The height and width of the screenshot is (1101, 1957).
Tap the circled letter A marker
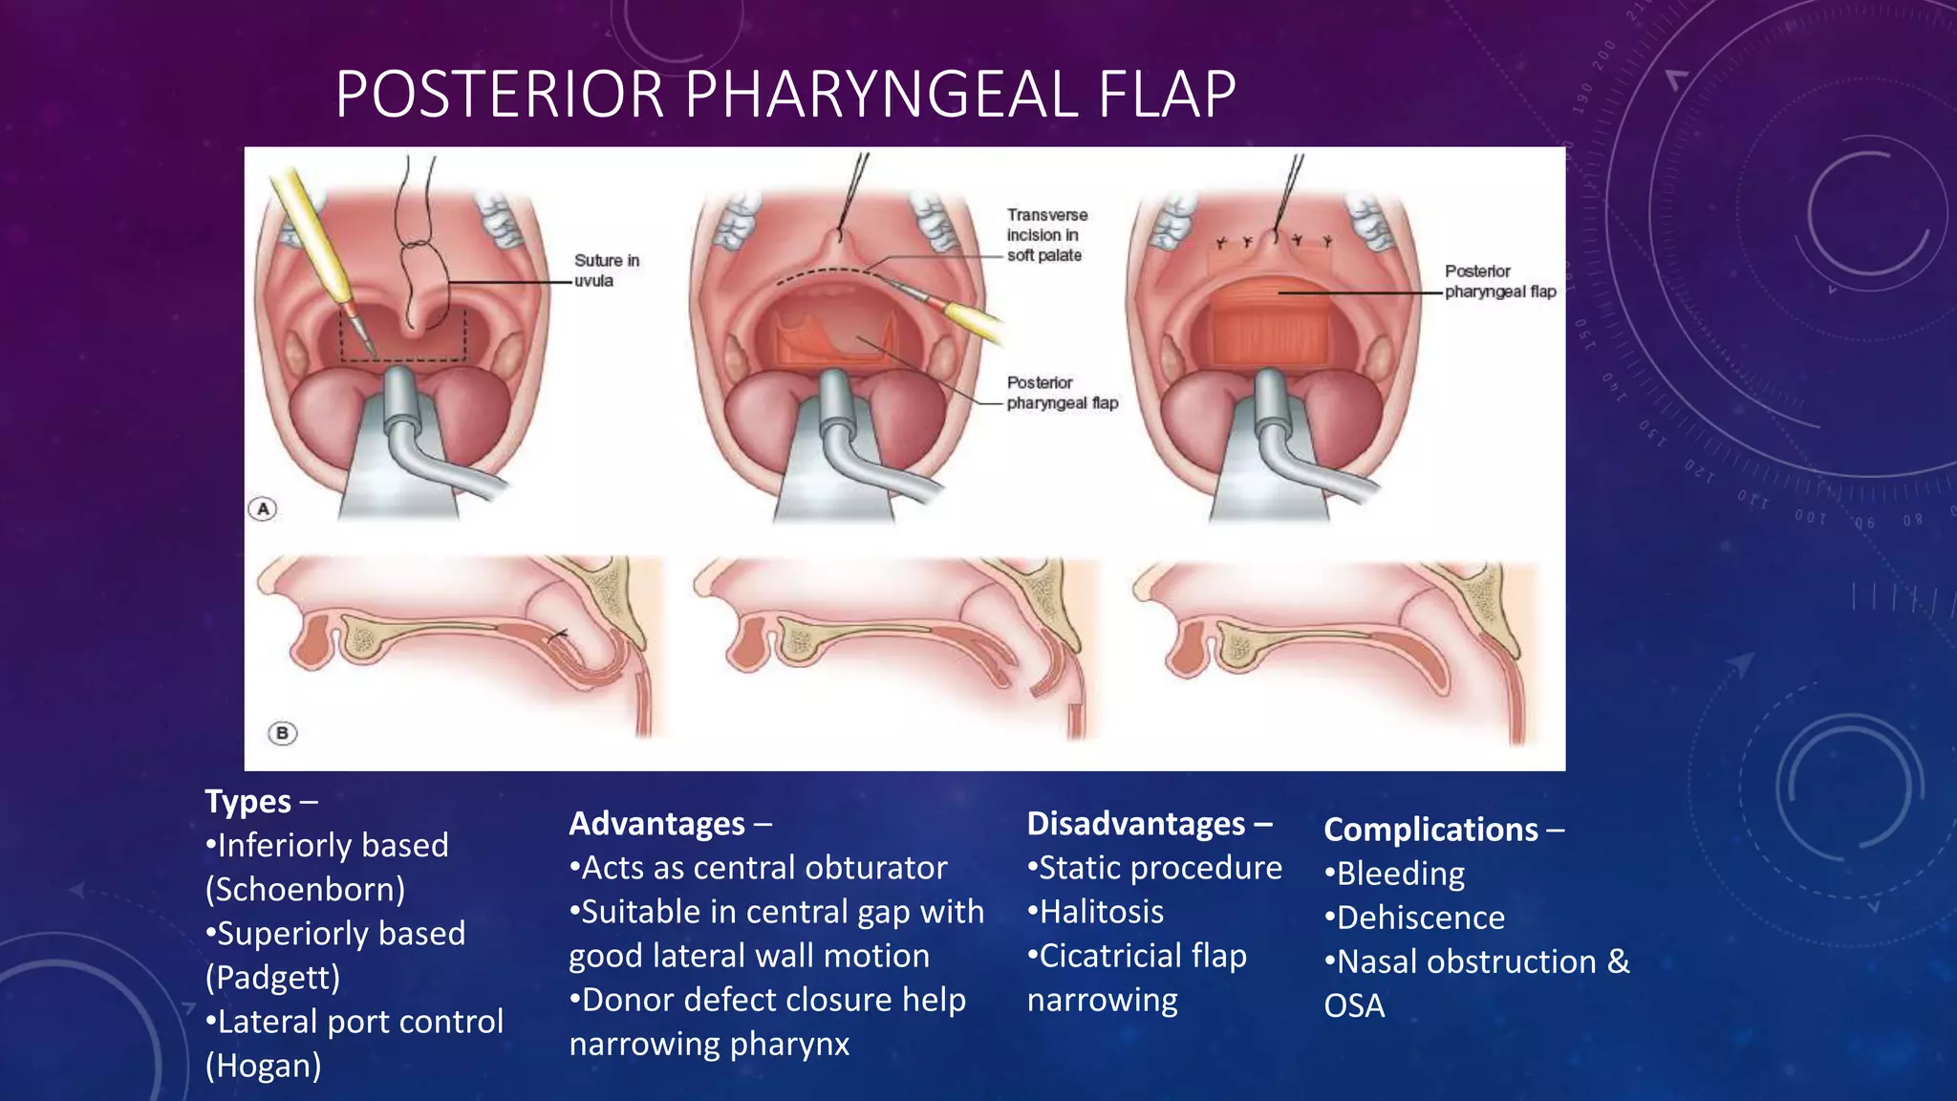point(263,508)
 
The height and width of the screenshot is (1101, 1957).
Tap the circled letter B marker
point(282,733)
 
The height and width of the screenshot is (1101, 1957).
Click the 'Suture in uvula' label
point(607,270)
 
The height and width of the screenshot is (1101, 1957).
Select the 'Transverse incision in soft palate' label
point(1046,235)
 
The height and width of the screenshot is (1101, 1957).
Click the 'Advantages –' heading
point(670,824)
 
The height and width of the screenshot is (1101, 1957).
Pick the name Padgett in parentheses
point(273,978)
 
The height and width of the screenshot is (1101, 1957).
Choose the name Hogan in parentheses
point(264,1066)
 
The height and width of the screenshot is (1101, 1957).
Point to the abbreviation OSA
point(1354,1005)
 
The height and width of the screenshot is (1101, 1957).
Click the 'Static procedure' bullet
point(1155,868)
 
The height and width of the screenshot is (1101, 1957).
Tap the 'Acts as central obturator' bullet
point(759,868)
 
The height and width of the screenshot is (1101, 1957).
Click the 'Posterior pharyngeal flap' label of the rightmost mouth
point(1500,282)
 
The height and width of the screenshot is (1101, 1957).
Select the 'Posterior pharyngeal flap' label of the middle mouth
point(1062,393)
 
